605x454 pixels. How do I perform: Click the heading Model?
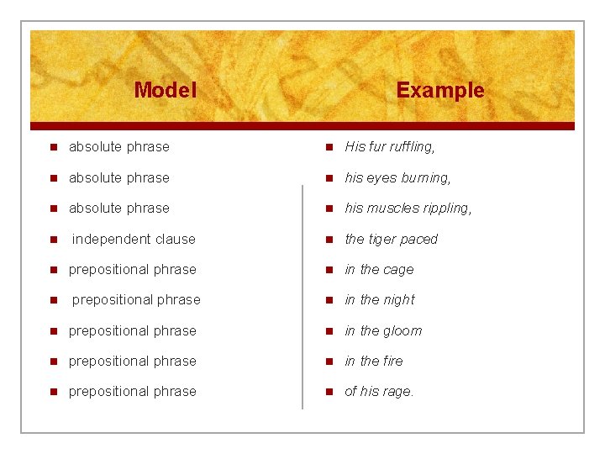165,90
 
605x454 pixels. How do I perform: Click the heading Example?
440,90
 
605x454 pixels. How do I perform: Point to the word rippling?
444,209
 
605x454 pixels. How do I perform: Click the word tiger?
385,239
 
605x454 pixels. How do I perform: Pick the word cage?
399,270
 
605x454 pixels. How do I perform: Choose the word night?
400,300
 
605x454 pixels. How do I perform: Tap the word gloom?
403,331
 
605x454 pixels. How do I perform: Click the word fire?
393,362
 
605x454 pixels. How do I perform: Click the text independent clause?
134,239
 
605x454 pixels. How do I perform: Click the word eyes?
381,177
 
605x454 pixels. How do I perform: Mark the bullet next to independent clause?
52,240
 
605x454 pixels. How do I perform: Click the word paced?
421,240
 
